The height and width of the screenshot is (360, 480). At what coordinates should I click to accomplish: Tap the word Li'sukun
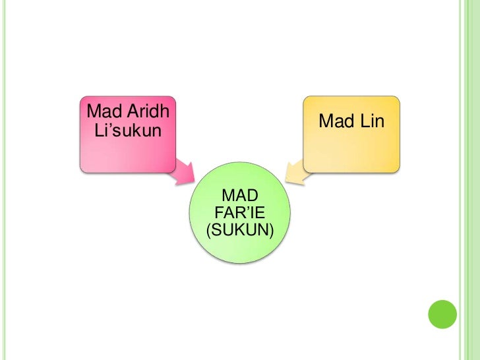[128, 131]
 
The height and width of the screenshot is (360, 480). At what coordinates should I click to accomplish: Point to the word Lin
[371, 121]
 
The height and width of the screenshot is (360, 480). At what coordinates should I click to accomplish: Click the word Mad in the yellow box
[336, 121]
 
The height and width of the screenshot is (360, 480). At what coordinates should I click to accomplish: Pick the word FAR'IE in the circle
[240, 213]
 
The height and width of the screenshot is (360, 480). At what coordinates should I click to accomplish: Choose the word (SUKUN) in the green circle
[240, 230]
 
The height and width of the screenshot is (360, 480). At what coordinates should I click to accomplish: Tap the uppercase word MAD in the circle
[240, 196]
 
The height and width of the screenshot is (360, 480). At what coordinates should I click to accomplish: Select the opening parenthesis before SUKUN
[209, 231]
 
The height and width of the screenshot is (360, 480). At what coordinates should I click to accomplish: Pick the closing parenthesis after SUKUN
[272, 231]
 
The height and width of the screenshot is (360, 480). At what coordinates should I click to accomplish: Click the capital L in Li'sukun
[100, 131]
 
